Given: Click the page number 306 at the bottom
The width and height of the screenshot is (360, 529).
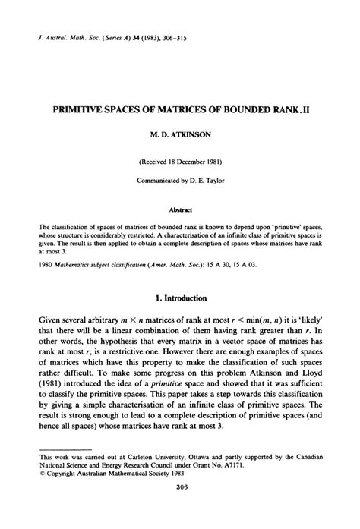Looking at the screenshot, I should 179,509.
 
